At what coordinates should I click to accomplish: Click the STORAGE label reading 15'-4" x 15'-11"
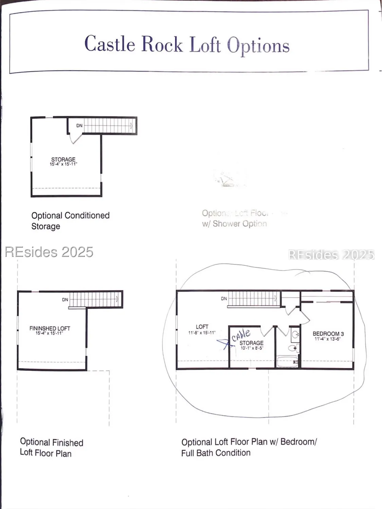[x=63, y=161]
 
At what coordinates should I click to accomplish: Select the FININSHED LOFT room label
[x=50, y=328]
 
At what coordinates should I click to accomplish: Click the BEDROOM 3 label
[x=328, y=334]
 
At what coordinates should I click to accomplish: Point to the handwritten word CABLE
[x=241, y=335]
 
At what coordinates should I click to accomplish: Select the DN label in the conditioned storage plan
[x=79, y=126]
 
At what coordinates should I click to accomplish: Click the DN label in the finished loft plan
[x=65, y=300]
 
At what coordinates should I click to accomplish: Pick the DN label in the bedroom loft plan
[x=224, y=299]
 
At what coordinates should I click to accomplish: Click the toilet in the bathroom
[x=292, y=348]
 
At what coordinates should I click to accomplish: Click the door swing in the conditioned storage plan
[x=75, y=138]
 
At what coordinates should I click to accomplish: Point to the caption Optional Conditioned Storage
[x=70, y=221]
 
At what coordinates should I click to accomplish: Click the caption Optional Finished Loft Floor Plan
[x=51, y=448]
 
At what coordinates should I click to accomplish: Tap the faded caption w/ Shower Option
[x=234, y=224]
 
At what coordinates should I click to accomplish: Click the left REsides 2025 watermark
[x=49, y=252]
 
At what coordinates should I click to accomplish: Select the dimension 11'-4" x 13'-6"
[x=327, y=339]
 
